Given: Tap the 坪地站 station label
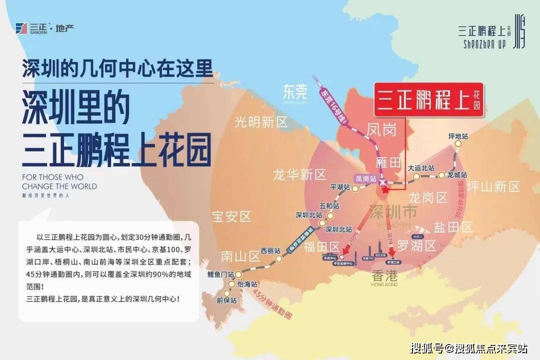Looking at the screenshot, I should point(458,136).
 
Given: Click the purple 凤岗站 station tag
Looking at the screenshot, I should point(365,178).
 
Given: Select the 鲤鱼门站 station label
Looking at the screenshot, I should point(220,274).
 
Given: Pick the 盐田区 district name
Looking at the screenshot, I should point(453,227).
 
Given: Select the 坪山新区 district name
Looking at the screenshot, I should point(493,187).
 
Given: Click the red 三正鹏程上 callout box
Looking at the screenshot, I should point(429,99).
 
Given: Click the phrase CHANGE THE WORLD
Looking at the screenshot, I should point(52,186).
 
